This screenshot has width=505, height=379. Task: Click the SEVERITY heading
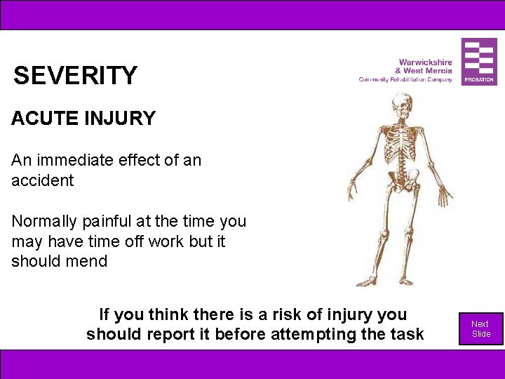(x=75, y=76)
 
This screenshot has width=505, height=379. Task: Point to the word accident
(x=42, y=180)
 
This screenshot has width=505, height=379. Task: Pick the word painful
(x=109, y=221)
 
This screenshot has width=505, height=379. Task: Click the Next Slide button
(x=480, y=328)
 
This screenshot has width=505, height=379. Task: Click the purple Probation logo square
(x=479, y=62)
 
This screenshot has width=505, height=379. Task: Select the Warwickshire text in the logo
(x=425, y=62)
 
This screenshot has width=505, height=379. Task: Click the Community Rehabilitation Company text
(x=405, y=79)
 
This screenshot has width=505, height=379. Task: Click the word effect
(x=138, y=160)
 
